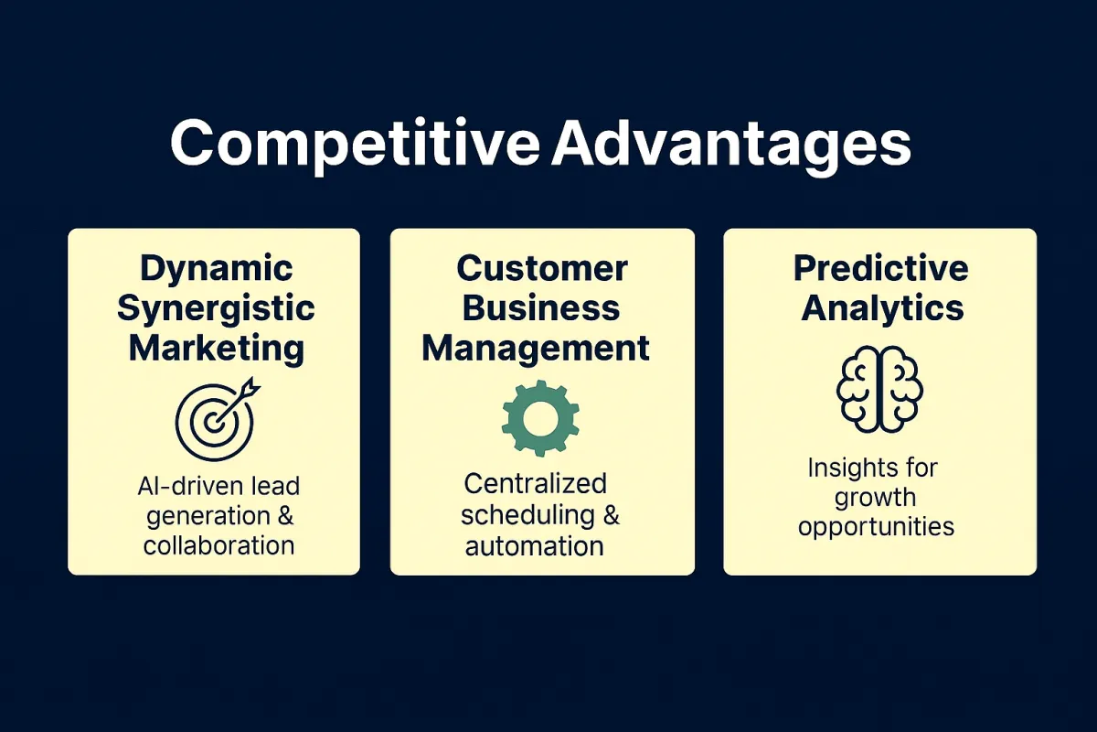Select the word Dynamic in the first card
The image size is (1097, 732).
point(217,270)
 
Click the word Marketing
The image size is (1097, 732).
point(217,350)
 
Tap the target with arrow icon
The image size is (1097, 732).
point(217,419)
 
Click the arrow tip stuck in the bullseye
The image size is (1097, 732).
point(214,423)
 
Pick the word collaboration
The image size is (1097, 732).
point(218,545)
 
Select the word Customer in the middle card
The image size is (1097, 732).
point(542,269)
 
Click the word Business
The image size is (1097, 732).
point(541,308)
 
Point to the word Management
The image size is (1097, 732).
point(536,349)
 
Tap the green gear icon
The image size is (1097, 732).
point(540,418)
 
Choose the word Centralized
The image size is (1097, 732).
point(536,484)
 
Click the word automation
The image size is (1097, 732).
point(534,546)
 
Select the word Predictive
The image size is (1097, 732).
point(881,269)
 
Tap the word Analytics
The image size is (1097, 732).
point(882,309)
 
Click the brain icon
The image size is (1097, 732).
point(880,389)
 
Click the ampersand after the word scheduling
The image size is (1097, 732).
point(612,515)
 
